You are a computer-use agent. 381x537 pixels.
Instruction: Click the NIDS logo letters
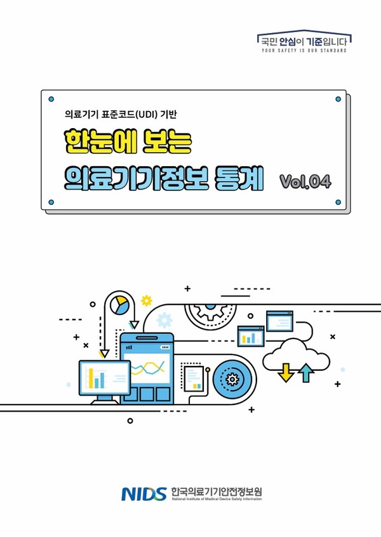144,493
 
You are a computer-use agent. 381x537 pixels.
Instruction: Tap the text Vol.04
305,181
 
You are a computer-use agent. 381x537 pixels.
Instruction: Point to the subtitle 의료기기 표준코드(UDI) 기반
119,115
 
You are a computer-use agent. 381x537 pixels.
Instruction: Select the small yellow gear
147,300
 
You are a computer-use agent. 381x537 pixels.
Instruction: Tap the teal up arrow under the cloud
306,373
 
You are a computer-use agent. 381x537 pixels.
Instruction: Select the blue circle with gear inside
231,379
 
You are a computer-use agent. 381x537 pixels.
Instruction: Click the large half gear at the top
214,311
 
